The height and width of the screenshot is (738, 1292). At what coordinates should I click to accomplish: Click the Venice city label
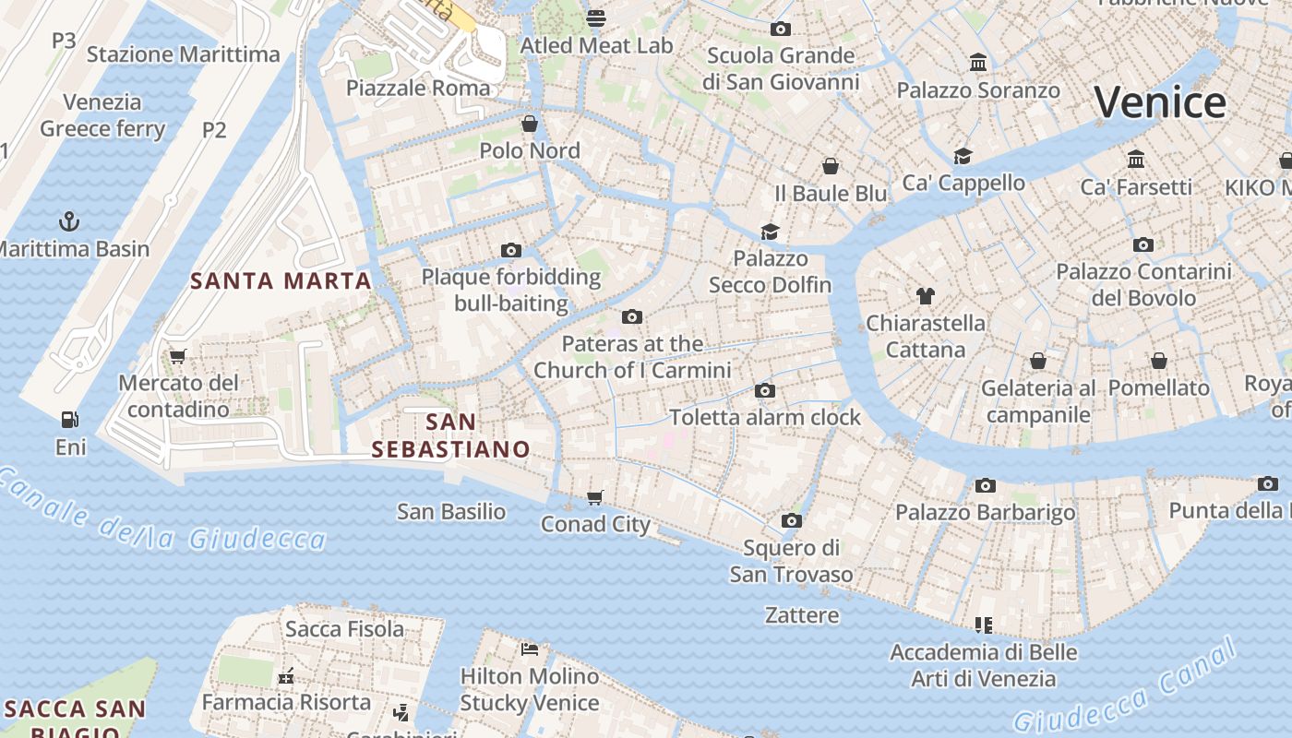coord(1160,101)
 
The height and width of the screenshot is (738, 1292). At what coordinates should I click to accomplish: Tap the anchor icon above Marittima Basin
coord(69,221)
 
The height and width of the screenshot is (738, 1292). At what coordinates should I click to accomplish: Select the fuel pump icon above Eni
coord(69,420)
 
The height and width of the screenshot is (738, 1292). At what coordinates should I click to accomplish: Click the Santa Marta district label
coord(281,280)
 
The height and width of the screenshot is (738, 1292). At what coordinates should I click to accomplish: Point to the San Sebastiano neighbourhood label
coord(450,435)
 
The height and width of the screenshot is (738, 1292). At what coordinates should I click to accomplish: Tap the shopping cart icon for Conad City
coord(595,497)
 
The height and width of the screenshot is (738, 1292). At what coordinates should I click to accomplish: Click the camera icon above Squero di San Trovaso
coord(791,521)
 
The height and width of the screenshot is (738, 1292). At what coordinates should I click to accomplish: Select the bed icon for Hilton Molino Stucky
coord(529,649)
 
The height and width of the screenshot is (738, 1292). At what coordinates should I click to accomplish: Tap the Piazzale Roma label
coord(418,88)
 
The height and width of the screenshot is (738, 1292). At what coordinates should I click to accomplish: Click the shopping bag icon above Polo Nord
coord(530,123)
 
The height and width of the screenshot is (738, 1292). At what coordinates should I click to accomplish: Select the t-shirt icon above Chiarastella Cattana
coord(926,296)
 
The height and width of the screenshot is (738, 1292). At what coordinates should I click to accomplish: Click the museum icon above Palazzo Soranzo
coord(978,63)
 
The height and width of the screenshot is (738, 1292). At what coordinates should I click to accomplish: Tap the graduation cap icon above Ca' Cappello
coord(963,155)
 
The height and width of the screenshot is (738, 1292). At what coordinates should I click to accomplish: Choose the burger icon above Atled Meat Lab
coord(596,18)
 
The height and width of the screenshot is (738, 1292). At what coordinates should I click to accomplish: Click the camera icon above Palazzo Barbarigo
coord(986,485)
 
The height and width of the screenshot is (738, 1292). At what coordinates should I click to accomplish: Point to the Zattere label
coord(802,614)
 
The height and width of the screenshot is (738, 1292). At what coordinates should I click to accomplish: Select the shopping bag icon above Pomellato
coord(1158,361)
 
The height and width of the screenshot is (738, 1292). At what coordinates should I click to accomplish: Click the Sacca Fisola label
coord(344,629)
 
